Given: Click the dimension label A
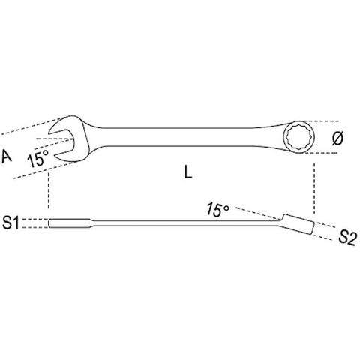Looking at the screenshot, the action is (x=7, y=157).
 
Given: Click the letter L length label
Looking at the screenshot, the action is (x=188, y=172).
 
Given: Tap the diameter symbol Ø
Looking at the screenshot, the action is (x=338, y=138).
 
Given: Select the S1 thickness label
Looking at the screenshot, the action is (x=10, y=223).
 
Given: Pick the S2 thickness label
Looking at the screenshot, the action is (x=347, y=237).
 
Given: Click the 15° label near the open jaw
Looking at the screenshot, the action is (x=38, y=158).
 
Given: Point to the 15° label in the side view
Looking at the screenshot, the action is (x=217, y=209).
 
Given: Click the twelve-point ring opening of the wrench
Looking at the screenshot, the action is (x=298, y=137).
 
